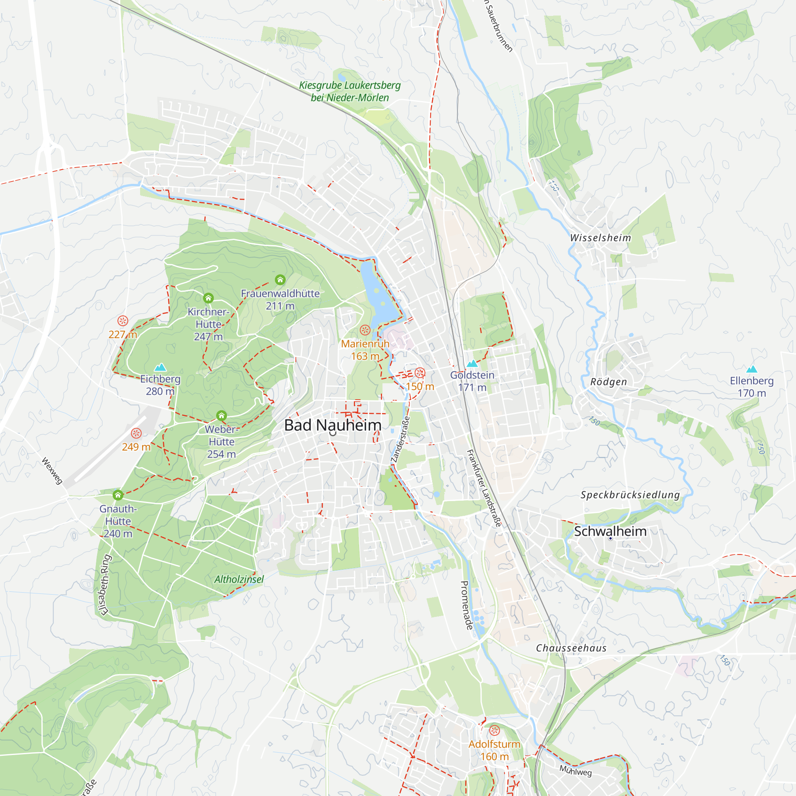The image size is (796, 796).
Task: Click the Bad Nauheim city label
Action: (332, 425)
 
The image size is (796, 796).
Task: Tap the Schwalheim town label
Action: (610, 531)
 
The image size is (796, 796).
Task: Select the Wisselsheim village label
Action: (600, 238)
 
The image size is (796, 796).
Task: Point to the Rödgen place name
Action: (609, 382)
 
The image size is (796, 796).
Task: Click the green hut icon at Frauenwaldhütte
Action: (280, 280)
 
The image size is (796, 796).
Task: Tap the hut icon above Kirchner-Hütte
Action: (209, 297)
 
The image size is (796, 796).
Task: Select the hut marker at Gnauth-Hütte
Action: (118, 494)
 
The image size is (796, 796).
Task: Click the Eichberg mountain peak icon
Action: (160, 367)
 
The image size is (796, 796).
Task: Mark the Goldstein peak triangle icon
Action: (472, 363)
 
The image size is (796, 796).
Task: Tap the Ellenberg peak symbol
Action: (751, 369)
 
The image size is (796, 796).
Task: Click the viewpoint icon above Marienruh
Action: (365, 330)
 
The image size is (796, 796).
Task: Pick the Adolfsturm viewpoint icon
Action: (494, 730)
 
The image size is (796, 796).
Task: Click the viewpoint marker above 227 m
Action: (123, 320)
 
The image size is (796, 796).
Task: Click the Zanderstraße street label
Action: (400, 439)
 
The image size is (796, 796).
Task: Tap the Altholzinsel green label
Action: (239, 579)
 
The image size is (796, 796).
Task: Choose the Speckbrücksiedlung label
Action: (630, 495)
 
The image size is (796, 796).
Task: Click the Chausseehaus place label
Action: (571, 648)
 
